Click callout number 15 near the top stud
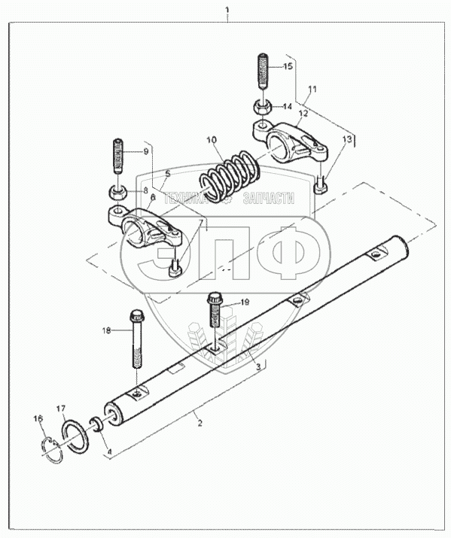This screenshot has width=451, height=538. (288, 66)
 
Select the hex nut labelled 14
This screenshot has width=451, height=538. (263, 108)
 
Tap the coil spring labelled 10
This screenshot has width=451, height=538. (230, 176)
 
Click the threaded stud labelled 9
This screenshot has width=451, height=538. (117, 157)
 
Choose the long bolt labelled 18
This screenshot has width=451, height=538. (136, 339)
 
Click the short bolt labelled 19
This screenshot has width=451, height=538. (215, 309)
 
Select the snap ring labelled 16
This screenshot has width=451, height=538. (52, 450)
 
